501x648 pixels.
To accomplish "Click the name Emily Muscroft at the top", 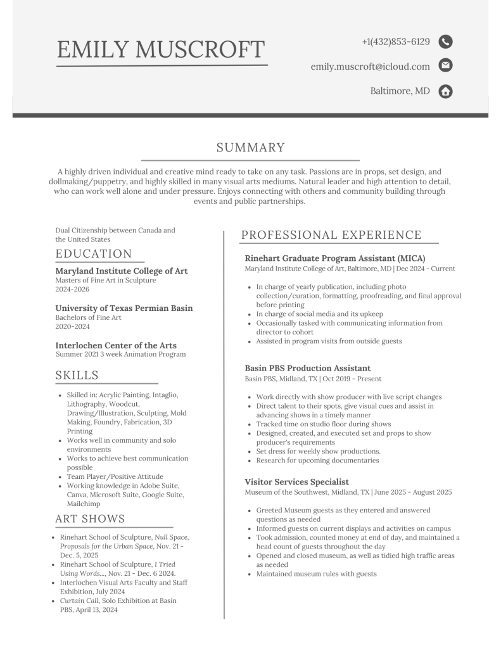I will coord(161,49).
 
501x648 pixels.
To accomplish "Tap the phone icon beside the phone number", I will coord(445,42).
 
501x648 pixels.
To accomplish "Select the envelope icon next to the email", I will coord(445,66).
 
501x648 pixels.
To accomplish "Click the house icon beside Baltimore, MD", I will coord(445,91).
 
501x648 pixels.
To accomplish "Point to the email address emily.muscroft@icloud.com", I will coord(370,66).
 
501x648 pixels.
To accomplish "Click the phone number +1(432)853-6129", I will coord(396,42).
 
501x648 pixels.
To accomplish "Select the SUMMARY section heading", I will coord(250,148).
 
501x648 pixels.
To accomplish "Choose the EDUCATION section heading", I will coord(94,254).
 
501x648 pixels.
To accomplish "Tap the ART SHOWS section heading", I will coord(90,519).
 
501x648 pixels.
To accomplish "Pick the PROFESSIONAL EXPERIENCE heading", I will coord(331,235).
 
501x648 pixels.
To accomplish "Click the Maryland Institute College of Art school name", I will coord(122,270).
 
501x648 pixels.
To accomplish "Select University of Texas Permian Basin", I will coord(124,308).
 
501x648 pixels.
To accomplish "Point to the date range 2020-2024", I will coord(72,327).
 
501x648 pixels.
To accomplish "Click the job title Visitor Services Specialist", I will coord(296,481).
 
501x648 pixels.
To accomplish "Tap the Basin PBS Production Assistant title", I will coord(308,368).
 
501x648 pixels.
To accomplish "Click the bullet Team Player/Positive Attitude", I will coord(115,476).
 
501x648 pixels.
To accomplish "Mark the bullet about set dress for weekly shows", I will coord(318,451).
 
